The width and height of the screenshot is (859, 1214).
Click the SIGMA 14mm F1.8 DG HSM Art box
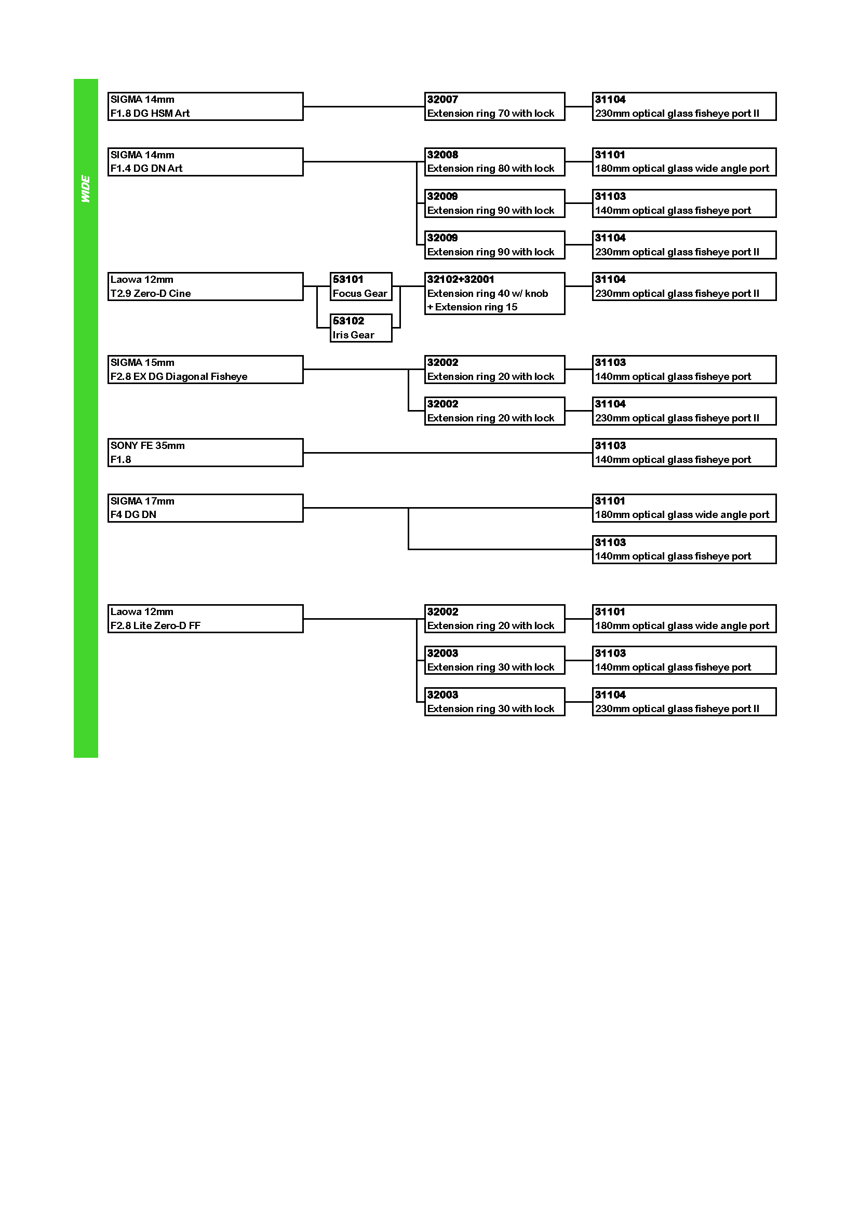tap(205, 106)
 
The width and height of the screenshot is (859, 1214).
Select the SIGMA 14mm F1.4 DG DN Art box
tap(205, 162)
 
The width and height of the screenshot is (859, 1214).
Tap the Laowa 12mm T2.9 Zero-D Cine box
tap(205, 287)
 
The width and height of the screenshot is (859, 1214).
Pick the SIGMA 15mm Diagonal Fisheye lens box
tap(205, 370)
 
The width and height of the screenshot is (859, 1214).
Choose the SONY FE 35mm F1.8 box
tap(205, 453)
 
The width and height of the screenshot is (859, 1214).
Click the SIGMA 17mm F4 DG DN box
tap(205, 508)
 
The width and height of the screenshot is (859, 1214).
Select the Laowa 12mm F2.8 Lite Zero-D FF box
tap(205, 619)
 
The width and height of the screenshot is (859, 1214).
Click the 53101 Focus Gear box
tap(361, 287)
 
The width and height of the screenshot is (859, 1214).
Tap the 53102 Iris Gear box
tap(361, 328)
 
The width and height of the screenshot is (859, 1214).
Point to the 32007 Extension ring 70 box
tap(494, 106)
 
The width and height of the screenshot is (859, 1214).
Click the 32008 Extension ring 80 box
tap(494, 162)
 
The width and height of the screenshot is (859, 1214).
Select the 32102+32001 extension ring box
tap(494, 293)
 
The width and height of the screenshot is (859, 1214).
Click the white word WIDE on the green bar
tap(85, 189)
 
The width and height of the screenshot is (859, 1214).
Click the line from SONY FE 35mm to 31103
tap(448, 453)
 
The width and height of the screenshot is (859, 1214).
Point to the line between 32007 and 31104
tap(579, 106)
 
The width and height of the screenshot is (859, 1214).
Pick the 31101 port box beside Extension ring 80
tap(684, 162)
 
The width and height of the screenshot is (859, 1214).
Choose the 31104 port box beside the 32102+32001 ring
tap(684, 287)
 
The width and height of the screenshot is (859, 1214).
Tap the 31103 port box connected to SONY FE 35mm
tap(684, 453)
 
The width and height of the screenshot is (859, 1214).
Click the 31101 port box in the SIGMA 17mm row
tap(684, 508)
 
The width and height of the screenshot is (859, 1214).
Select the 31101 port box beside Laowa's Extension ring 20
tap(684, 619)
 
